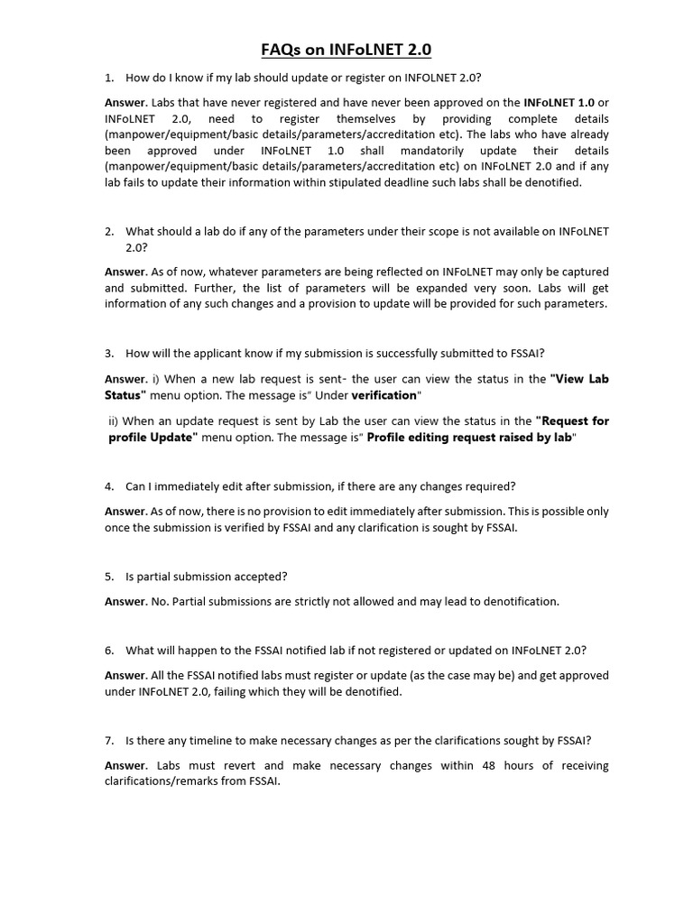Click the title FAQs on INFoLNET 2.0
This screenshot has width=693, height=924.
tap(346, 50)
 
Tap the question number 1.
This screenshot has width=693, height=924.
tap(108, 78)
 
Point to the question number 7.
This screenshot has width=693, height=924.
tap(108, 741)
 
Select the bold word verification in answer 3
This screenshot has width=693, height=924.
tap(384, 394)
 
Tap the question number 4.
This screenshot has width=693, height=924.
tap(108, 486)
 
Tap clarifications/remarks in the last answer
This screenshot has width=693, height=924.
tap(167, 781)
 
